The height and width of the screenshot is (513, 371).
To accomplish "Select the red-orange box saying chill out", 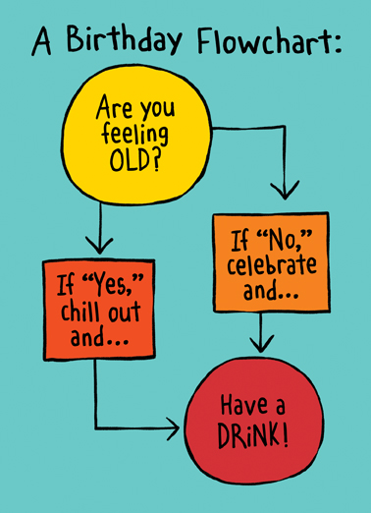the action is point(98,307).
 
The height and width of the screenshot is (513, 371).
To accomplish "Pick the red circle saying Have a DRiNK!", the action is point(255,417).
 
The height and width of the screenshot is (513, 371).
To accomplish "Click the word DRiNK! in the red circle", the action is point(255,431).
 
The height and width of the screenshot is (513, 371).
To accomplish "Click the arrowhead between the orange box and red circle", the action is point(259,343).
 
